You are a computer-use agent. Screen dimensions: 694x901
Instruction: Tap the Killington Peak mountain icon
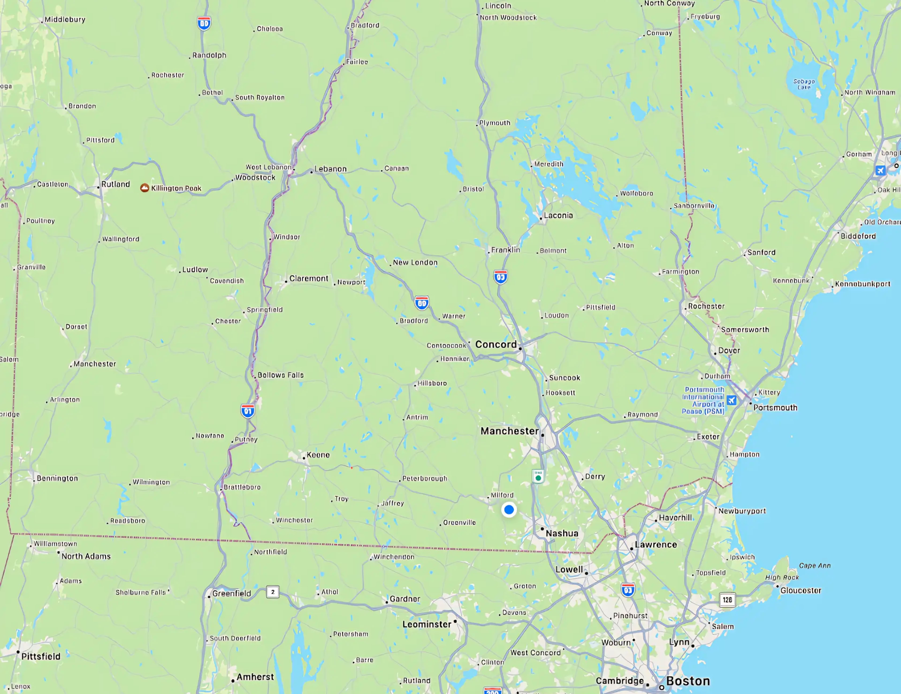click(144, 188)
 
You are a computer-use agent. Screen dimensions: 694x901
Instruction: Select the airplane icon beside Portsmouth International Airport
click(731, 400)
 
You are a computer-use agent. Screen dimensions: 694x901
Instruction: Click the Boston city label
click(688, 681)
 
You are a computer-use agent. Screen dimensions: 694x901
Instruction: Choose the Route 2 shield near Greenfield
click(273, 592)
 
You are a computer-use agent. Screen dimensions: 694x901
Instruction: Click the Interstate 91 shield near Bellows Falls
click(248, 411)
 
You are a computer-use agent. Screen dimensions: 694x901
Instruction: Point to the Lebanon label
click(330, 169)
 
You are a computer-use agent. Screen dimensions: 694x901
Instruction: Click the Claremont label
click(309, 279)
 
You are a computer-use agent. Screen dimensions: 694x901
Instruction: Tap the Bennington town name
click(57, 478)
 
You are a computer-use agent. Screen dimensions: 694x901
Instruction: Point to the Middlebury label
click(65, 19)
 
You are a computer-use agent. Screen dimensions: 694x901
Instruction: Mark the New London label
click(415, 262)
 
